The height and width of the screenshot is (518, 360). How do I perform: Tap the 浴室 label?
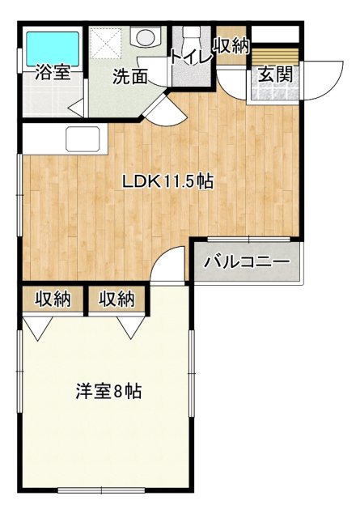pos(53,74)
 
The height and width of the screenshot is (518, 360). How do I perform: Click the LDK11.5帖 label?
pos(167,182)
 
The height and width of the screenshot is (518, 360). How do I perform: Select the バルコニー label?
pos(246,262)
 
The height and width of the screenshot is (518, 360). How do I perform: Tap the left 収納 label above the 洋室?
pos(53,299)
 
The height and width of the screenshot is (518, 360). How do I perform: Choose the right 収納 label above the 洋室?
pos(116,299)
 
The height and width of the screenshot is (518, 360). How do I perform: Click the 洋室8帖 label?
pos(109,392)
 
